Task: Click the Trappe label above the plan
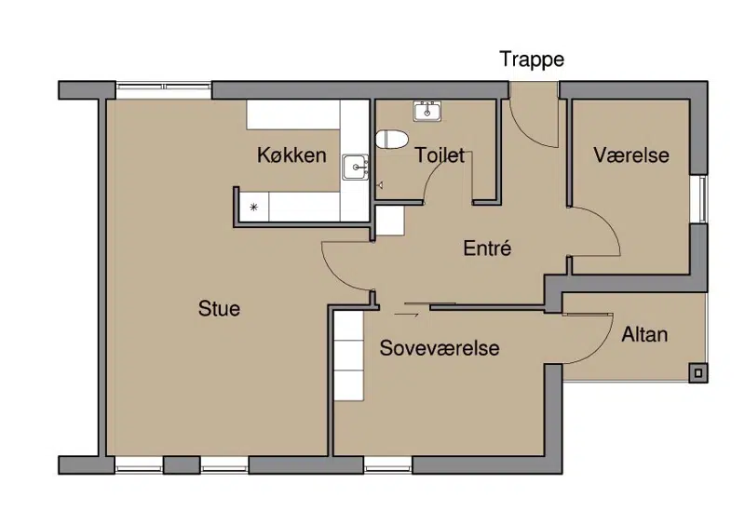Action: (532, 60)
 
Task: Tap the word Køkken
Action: (291, 155)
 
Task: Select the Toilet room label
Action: (440, 155)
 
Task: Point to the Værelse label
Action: (631, 155)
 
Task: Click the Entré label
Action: (487, 248)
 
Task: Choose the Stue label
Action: (219, 309)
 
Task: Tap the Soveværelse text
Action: (440, 348)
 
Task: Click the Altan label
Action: (644, 334)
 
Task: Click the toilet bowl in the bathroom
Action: (392, 140)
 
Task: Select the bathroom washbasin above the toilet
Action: (427, 111)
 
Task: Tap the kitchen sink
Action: (356, 168)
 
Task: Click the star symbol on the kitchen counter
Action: (253, 207)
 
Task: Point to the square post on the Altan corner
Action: (698, 373)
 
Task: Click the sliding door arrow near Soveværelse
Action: (406, 314)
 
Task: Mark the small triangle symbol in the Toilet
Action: (380, 185)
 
